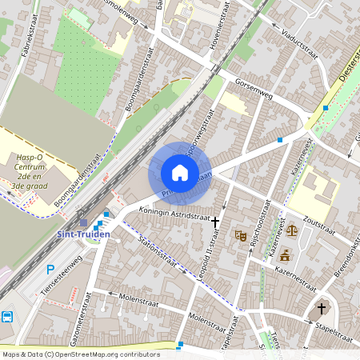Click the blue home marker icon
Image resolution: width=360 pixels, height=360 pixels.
click(x=180, y=173)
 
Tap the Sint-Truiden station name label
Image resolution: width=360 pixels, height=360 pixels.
click(x=83, y=234)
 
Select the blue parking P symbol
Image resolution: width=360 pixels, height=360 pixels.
click(x=50, y=270)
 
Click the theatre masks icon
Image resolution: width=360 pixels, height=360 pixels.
click(x=239, y=235)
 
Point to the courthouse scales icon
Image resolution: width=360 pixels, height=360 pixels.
click(x=291, y=230)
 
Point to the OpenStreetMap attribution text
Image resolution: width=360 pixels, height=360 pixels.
click(x=80, y=354)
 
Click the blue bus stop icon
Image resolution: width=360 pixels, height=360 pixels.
click(x=7, y=316)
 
